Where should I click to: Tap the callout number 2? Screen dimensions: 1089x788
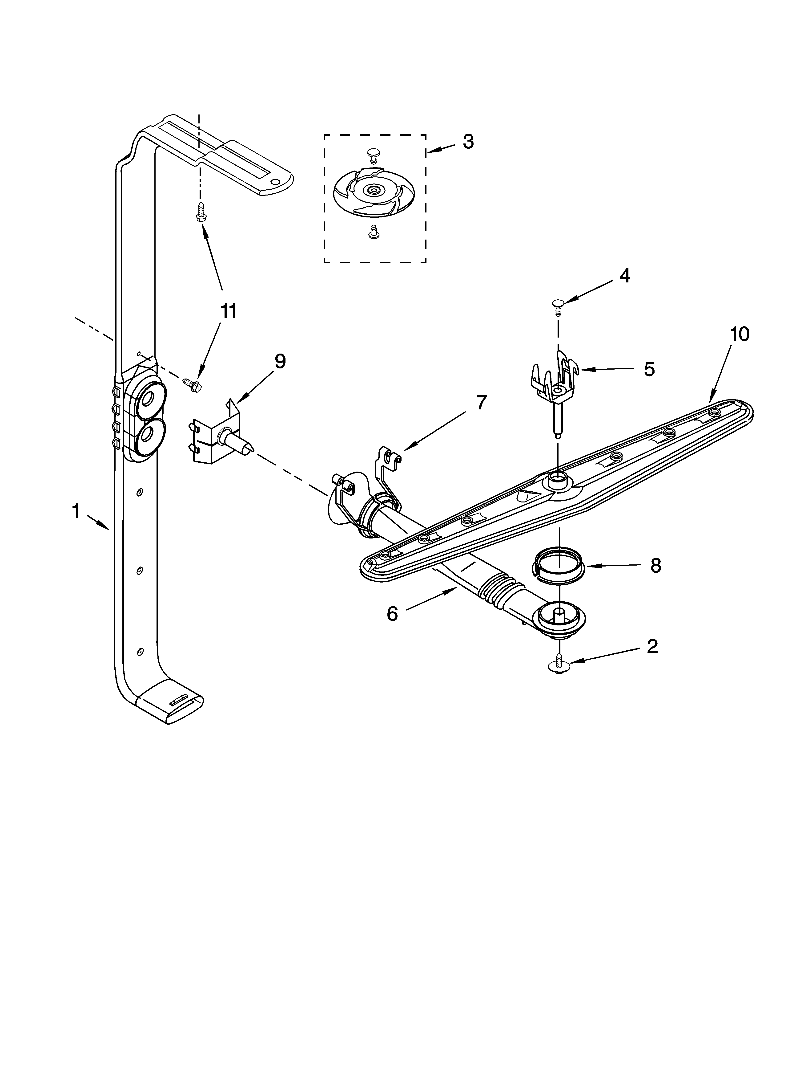(652, 646)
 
